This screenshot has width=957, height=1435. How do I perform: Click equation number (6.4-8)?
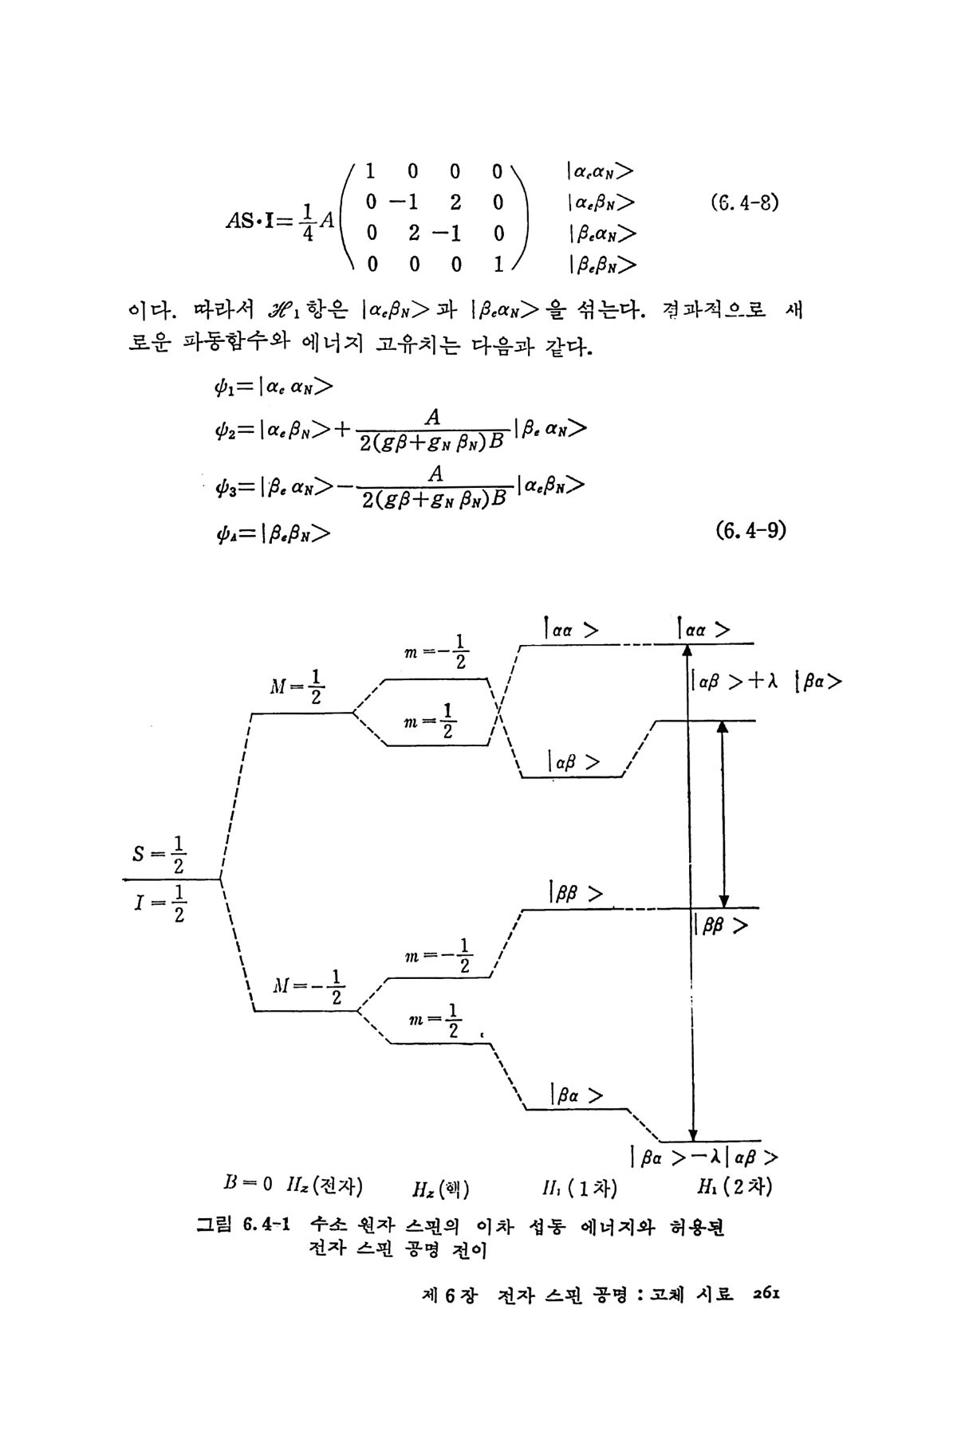tap(743, 202)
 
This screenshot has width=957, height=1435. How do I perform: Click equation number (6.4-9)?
tap(750, 529)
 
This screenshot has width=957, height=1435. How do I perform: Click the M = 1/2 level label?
tap(297, 687)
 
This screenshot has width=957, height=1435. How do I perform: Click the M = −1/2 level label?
tap(308, 987)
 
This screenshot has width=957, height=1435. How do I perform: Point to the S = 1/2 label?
tap(159, 854)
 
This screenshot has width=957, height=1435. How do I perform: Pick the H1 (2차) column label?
tap(734, 1187)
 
